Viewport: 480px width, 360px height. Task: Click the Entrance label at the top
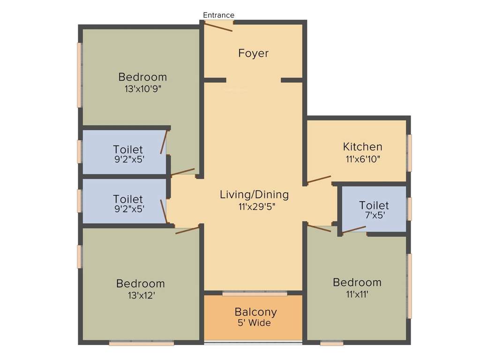pos(218,15)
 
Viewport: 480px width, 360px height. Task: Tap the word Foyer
pos(254,53)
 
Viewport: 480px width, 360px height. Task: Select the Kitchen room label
pos(362,147)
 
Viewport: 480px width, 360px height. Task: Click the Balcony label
pos(255,312)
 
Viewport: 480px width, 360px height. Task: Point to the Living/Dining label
pos(254,195)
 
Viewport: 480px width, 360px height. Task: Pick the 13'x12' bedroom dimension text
pos(141,295)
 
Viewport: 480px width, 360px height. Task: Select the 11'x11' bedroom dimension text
pos(357,294)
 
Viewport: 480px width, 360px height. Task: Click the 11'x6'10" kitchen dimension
pos(362,159)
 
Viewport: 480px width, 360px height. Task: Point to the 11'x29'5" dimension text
pos(254,206)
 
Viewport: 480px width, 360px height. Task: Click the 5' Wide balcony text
pos(255,323)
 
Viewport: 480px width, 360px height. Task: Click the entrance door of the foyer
pos(218,27)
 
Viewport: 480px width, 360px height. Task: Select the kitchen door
pos(319,180)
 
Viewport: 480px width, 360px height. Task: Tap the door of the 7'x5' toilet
pos(354,229)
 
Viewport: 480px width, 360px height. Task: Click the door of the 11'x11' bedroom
pos(319,228)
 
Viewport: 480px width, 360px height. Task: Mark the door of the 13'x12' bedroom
pos(187,230)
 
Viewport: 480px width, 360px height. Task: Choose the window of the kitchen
pos(409,153)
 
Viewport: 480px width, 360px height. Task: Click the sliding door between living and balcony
pos(255,293)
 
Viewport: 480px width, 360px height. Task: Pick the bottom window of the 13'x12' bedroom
pos(142,344)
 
